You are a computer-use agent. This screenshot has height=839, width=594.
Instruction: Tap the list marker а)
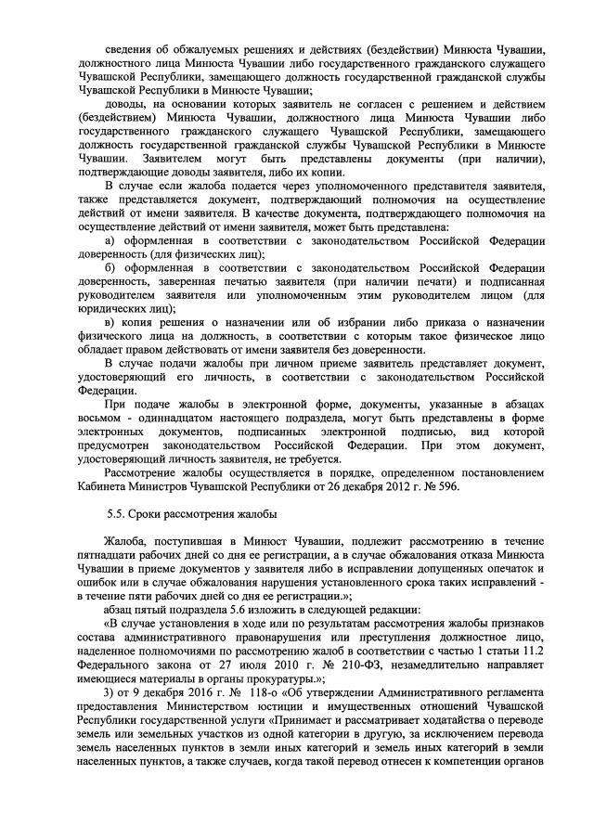[110, 242]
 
